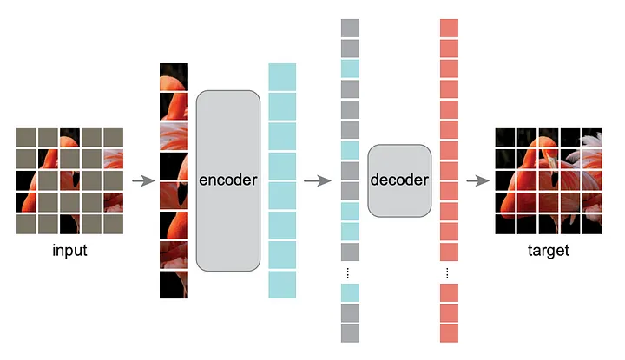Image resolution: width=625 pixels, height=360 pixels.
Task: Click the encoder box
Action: (228, 180)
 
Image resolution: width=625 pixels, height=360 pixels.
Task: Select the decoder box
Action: (399, 180)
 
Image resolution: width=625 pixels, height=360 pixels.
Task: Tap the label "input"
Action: (69, 251)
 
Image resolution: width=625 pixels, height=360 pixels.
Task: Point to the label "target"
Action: (548, 251)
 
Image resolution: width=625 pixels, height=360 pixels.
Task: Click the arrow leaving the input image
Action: (141, 180)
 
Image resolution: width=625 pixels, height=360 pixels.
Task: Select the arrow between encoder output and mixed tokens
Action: (317, 180)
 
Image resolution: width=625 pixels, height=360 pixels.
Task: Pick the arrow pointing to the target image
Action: (477, 180)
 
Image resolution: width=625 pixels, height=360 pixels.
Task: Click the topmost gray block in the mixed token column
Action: (350, 28)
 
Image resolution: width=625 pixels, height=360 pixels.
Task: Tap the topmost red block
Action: (449, 28)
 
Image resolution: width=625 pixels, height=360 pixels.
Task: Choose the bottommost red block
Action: (449, 333)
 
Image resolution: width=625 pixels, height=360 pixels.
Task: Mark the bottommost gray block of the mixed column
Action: (350, 333)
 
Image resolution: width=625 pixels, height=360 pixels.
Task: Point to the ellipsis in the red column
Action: (449, 273)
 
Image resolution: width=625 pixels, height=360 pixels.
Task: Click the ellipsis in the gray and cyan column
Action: (350, 273)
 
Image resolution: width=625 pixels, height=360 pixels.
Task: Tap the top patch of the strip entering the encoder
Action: (174, 76)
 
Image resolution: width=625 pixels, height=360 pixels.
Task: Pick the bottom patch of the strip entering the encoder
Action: (174, 285)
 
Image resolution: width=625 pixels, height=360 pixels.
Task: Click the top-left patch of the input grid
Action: (26, 137)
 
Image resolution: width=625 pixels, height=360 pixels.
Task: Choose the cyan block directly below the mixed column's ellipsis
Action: (350, 292)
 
